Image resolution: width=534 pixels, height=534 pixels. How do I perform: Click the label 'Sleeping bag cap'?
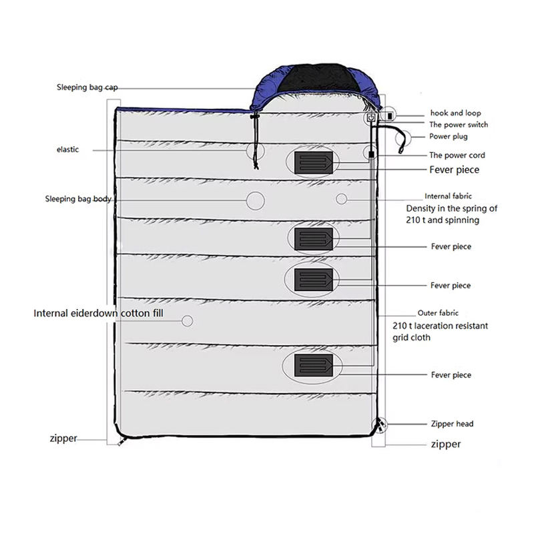(x=83, y=87)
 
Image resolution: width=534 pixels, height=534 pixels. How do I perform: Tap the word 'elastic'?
(x=67, y=150)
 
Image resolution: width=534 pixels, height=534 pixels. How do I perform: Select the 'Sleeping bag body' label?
(x=78, y=199)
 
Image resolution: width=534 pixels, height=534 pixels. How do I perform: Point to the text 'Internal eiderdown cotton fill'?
(x=98, y=312)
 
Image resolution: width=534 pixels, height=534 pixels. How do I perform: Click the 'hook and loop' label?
(x=456, y=113)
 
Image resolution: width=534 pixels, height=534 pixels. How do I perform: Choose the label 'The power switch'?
(x=459, y=125)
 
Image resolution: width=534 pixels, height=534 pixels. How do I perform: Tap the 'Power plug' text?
(x=449, y=137)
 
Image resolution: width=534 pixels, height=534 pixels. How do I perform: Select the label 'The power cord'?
(x=457, y=156)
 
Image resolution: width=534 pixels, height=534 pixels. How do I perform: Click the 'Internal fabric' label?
(x=449, y=197)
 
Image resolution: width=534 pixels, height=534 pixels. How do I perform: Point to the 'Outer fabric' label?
(x=438, y=313)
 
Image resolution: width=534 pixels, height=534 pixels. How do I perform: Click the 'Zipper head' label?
(x=453, y=424)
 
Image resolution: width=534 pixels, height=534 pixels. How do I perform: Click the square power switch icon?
(x=370, y=118)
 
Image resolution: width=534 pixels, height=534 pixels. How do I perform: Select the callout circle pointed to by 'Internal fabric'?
(x=341, y=199)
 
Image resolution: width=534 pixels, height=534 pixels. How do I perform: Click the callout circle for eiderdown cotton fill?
(x=187, y=321)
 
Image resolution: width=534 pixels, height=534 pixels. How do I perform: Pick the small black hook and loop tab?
(x=390, y=116)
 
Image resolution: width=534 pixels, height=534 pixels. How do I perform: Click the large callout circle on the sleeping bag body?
(x=255, y=200)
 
